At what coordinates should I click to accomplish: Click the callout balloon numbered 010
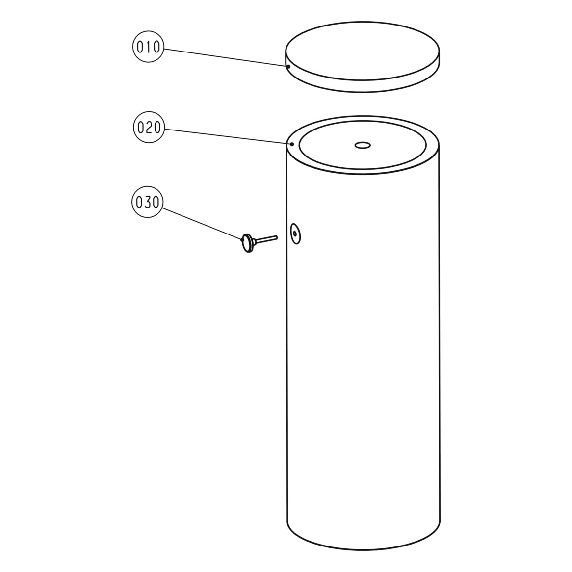coord(148,47)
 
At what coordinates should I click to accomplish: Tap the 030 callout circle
coord(147,202)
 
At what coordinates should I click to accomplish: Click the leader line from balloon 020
coord(226,136)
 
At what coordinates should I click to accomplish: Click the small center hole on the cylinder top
coord(363,145)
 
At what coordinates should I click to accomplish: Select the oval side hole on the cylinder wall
coord(295,234)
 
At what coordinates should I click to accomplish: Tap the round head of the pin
coord(246,243)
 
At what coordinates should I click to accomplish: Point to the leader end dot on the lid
coord(289,66)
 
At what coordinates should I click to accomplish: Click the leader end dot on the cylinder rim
coord(292,144)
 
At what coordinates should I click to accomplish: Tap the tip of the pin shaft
coord(277,238)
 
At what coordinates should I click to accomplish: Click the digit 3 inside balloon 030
coord(147,202)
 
